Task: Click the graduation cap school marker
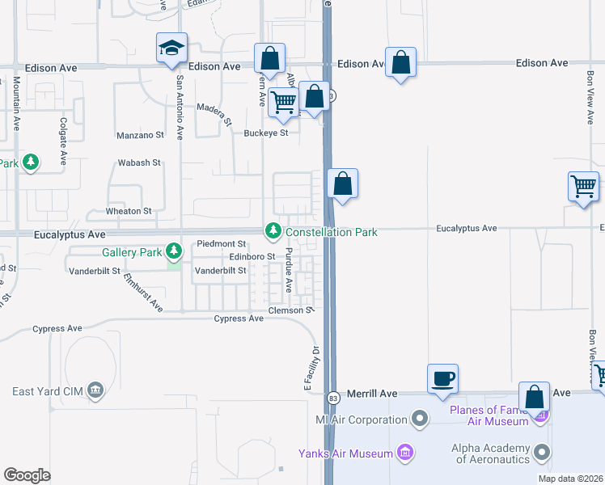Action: point(172,49)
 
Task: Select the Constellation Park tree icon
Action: point(273,232)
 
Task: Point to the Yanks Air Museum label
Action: point(345,453)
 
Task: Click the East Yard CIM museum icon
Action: point(95,392)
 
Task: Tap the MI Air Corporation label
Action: point(361,420)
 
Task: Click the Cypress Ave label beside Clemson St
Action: point(239,318)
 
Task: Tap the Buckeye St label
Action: point(266,133)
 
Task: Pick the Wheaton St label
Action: point(129,211)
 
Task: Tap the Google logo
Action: point(27,475)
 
